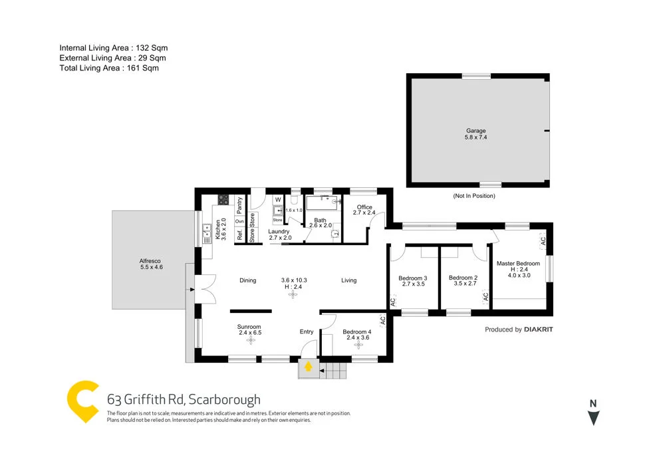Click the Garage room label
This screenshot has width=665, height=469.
475,131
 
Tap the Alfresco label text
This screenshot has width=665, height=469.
151,261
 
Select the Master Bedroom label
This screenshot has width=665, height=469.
519,264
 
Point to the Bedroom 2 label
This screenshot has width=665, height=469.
463,278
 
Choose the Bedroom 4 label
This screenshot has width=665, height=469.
357,331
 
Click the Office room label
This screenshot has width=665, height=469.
364,207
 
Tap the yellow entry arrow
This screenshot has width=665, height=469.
308,365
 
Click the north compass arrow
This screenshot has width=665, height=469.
594,418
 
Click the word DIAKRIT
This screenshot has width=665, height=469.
539,329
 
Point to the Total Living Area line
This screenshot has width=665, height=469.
109,68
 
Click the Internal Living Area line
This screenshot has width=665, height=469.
113,48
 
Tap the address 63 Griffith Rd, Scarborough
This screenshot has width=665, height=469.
184,399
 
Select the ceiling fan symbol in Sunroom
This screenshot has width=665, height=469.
251,340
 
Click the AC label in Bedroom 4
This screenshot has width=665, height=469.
382,320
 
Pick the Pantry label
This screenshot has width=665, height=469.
239,201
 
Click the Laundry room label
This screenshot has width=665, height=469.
279,232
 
